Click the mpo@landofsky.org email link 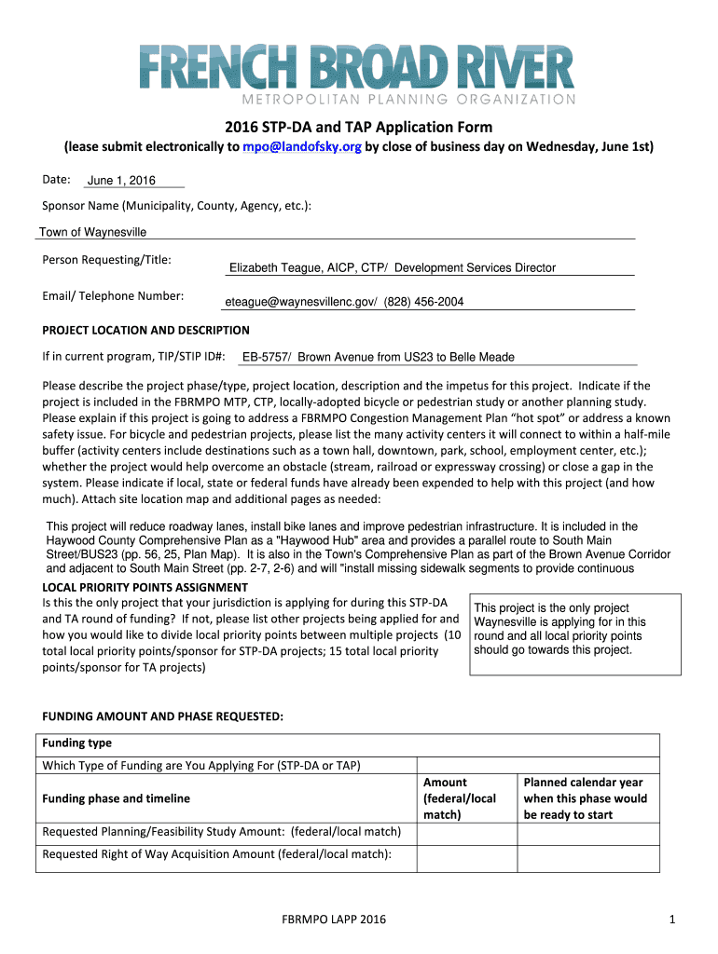(301, 147)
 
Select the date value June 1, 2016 (121, 181)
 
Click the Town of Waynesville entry (92, 232)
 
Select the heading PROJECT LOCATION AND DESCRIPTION (146, 330)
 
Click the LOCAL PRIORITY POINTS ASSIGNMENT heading (145, 587)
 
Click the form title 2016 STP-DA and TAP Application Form (359, 127)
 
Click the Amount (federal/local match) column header (460, 798)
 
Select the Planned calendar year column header (585, 798)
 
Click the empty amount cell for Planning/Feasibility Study (465, 831)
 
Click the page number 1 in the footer (670, 920)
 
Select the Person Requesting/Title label (107, 260)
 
